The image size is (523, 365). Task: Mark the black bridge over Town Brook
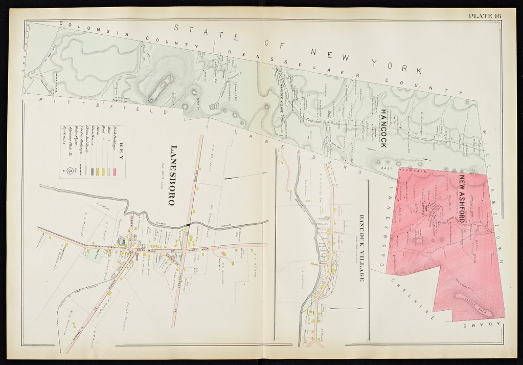pyautogui.click(x=189, y=224)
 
